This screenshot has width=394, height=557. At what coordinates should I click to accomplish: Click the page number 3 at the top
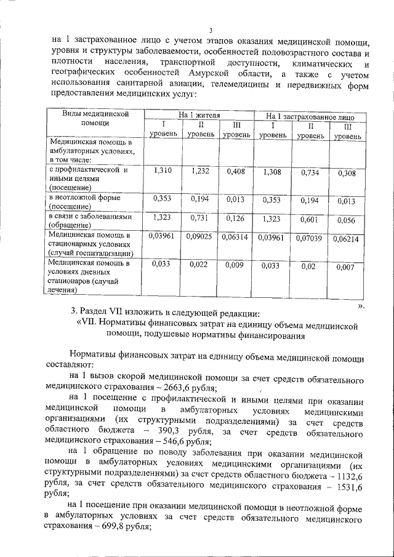point(210,31)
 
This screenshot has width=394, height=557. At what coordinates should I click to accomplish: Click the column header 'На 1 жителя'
point(198,115)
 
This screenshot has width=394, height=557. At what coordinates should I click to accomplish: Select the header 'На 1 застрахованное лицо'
point(310,116)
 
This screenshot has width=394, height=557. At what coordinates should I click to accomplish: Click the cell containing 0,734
point(310,173)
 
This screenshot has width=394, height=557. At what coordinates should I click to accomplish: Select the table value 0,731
point(200,218)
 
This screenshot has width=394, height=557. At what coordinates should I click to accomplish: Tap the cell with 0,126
point(236,218)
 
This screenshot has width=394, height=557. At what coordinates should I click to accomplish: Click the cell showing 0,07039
point(310,238)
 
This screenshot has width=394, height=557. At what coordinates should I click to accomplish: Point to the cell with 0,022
point(200,264)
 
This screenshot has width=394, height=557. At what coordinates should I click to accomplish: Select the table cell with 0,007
point(347,266)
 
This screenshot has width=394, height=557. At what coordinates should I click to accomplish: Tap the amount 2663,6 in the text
point(164,388)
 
